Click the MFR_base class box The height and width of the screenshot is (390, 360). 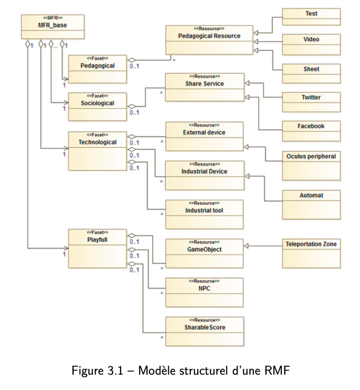[53, 26]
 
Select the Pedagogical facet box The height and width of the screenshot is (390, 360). [97, 69]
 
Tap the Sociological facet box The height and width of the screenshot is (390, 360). [97, 107]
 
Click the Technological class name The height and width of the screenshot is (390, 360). [97, 142]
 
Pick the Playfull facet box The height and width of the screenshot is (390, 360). [97, 249]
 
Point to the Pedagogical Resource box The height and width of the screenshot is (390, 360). [209, 40]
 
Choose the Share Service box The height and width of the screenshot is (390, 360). [205, 87]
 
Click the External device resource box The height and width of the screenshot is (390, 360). [204, 137]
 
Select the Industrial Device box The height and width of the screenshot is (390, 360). [205, 175]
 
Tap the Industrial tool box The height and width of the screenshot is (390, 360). [204, 214]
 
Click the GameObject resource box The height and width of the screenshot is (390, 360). [204, 253]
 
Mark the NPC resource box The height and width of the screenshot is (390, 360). [204, 293]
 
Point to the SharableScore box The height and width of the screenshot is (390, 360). [205, 332]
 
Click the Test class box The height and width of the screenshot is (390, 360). [311, 16]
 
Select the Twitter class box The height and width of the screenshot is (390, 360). [311, 102]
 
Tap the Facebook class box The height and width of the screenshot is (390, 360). [311, 131]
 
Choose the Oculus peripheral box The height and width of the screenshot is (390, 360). [311, 166]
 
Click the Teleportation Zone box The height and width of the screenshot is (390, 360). [311, 253]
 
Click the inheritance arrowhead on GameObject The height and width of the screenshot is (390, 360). [246, 246]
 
